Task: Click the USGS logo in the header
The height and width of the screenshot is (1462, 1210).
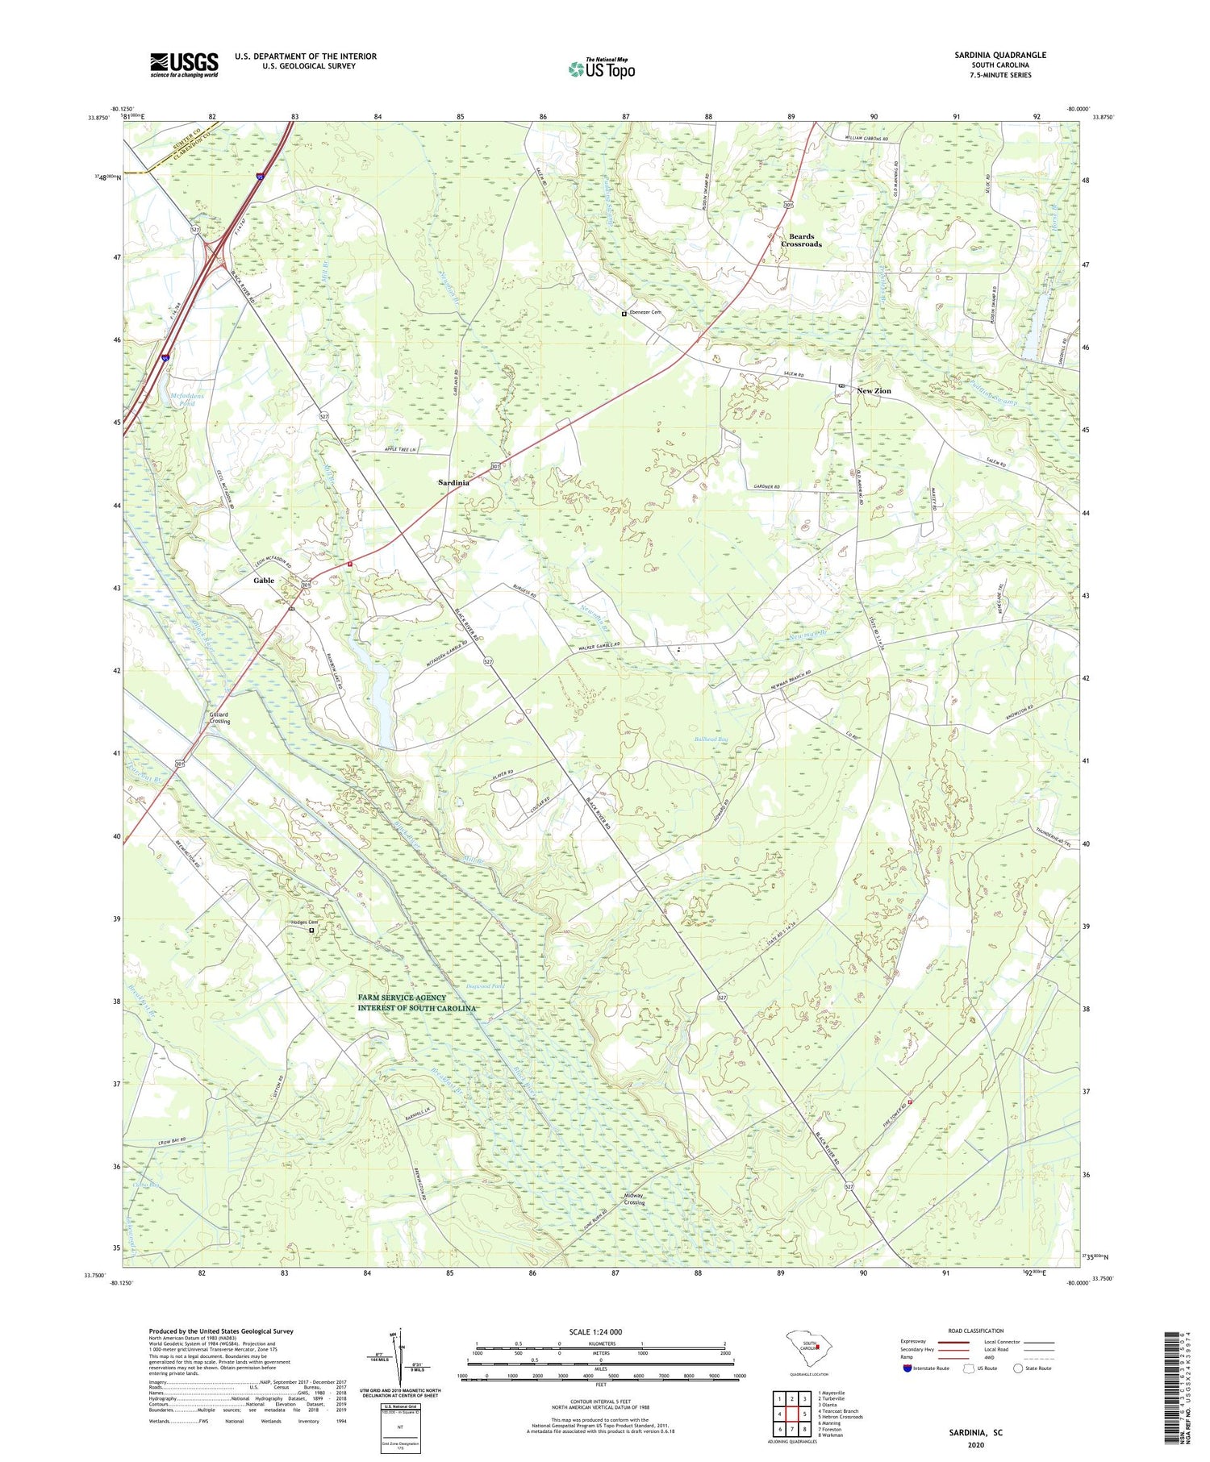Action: pos(184,65)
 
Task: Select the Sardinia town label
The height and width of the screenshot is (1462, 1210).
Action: pos(453,482)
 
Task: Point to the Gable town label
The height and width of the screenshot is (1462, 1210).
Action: pos(264,580)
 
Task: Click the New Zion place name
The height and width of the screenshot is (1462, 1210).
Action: pos(874,391)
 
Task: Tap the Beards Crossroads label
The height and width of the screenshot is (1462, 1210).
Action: pos(801,240)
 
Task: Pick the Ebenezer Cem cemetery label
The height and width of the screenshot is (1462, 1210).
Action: pos(645,313)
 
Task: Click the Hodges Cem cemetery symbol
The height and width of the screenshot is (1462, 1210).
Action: pos(312,930)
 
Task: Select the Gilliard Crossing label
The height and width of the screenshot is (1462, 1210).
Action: pos(219,718)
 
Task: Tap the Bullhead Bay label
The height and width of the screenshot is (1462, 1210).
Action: pos(711,738)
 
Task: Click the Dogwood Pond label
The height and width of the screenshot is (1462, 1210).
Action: pos(486,985)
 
